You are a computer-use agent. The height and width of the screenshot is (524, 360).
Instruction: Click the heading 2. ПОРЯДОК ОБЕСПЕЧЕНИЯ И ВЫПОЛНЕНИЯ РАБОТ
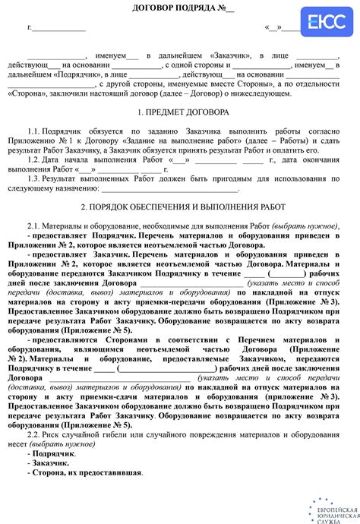(180, 207)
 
